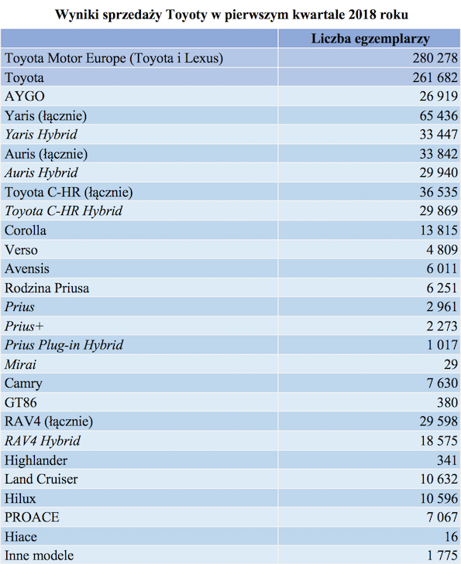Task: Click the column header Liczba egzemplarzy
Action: tap(370, 39)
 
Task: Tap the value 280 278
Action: tap(435, 58)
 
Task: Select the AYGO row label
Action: tap(25, 97)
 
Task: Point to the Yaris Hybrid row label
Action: tap(41, 135)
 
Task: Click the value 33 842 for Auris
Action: tap(439, 154)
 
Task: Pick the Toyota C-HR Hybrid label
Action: tap(64, 210)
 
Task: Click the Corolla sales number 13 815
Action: tap(439, 231)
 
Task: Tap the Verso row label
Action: tap(21, 250)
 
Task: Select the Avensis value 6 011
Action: tap(442, 268)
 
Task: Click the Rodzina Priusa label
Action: tap(46, 288)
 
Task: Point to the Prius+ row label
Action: tap(24, 326)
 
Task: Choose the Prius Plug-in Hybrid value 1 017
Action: tap(442, 345)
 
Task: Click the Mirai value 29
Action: tap(451, 364)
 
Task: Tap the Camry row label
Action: tap(23, 384)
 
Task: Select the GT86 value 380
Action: tap(447, 402)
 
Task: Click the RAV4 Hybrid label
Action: tap(43, 441)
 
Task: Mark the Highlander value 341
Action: tap(447, 460)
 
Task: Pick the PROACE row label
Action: tap(32, 518)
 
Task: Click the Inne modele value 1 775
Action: tap(442, 555)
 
